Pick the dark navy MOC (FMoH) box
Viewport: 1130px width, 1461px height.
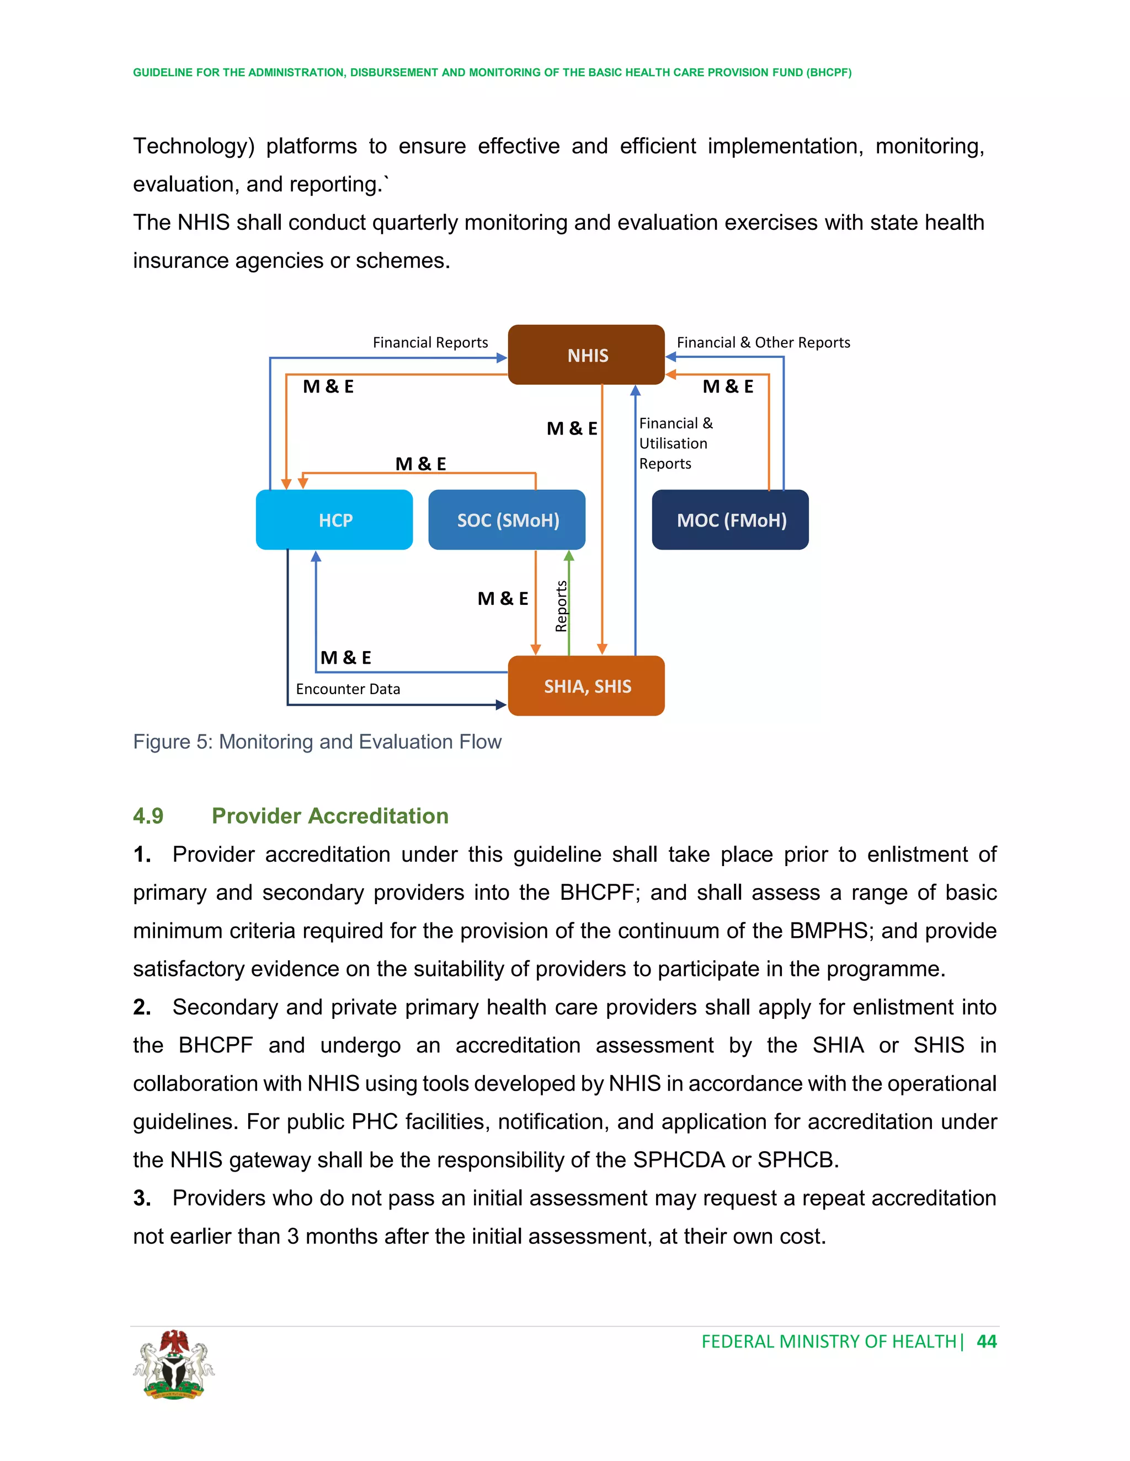pos(731,520)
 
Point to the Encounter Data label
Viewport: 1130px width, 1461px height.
pos(348,689)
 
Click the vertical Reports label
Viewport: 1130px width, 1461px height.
pos(561,606)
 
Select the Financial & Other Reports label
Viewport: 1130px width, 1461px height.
pos(763,342)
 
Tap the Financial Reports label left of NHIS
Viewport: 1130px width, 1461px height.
pos(430,342)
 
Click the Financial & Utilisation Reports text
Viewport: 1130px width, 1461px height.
pos(675,443)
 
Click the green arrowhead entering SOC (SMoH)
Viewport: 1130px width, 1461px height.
pos(569,555)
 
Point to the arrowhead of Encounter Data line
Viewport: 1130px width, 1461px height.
pos(501,705)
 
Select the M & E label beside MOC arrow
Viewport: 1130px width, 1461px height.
pos(728,386)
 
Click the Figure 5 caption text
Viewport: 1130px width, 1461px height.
pos(317,742)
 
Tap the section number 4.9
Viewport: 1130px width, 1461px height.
pos(148,816)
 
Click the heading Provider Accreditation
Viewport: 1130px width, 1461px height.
pos(330,816)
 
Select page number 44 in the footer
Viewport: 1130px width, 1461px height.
pos(986,1341)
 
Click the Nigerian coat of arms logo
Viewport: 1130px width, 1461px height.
pos(173,1365)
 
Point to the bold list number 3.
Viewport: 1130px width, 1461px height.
pos(141,1198)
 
